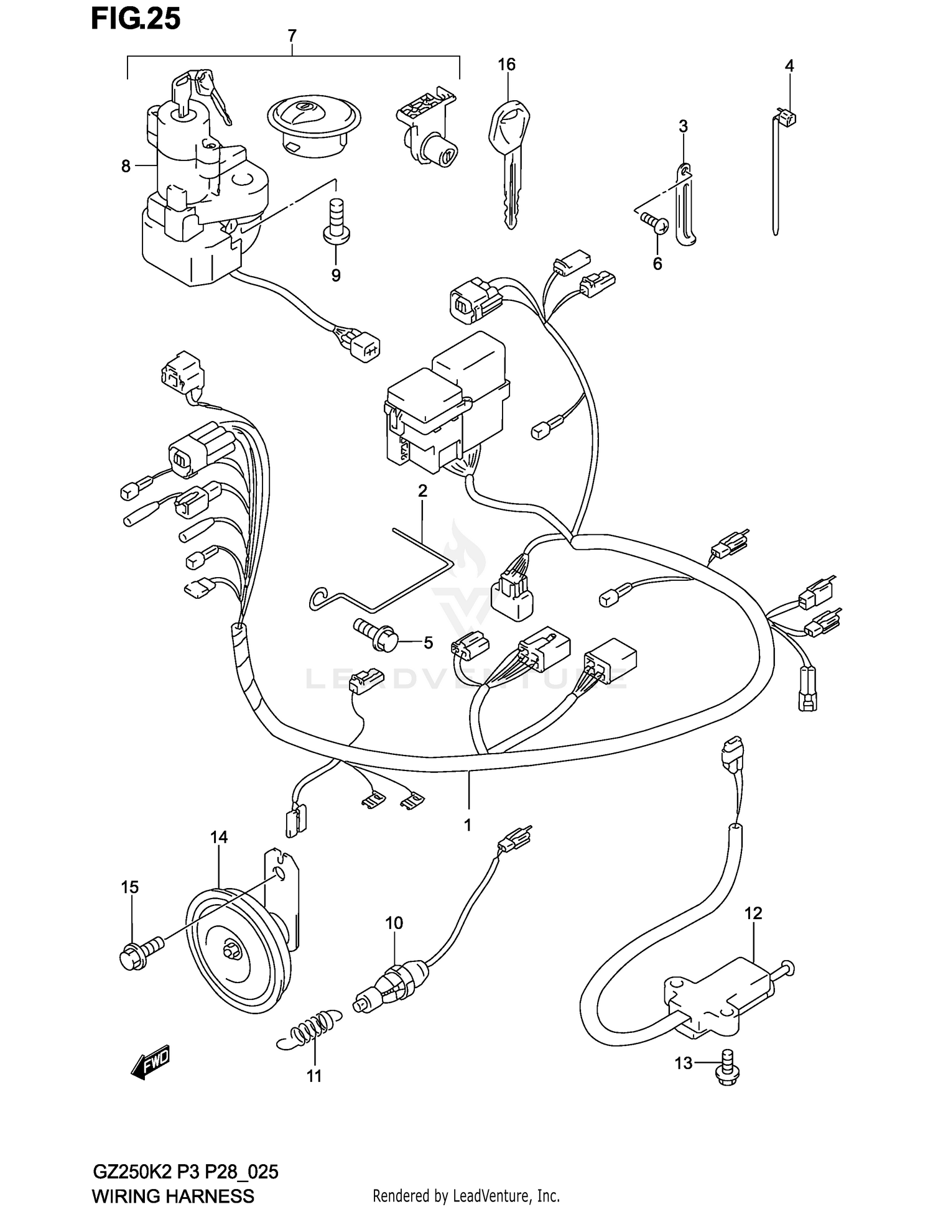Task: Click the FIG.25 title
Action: click(x=136, y=19)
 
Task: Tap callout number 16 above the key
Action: click(x=506, y=65)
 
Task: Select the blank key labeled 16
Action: click(x=507, y=162)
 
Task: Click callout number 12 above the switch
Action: click(x=753, y=913)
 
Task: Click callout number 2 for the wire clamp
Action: click(x=422, y=491)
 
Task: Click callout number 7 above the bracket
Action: click(x=292, y=36)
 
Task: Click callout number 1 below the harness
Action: click(x=467, y=825)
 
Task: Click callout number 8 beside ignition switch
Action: click(x=126, y=166)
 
